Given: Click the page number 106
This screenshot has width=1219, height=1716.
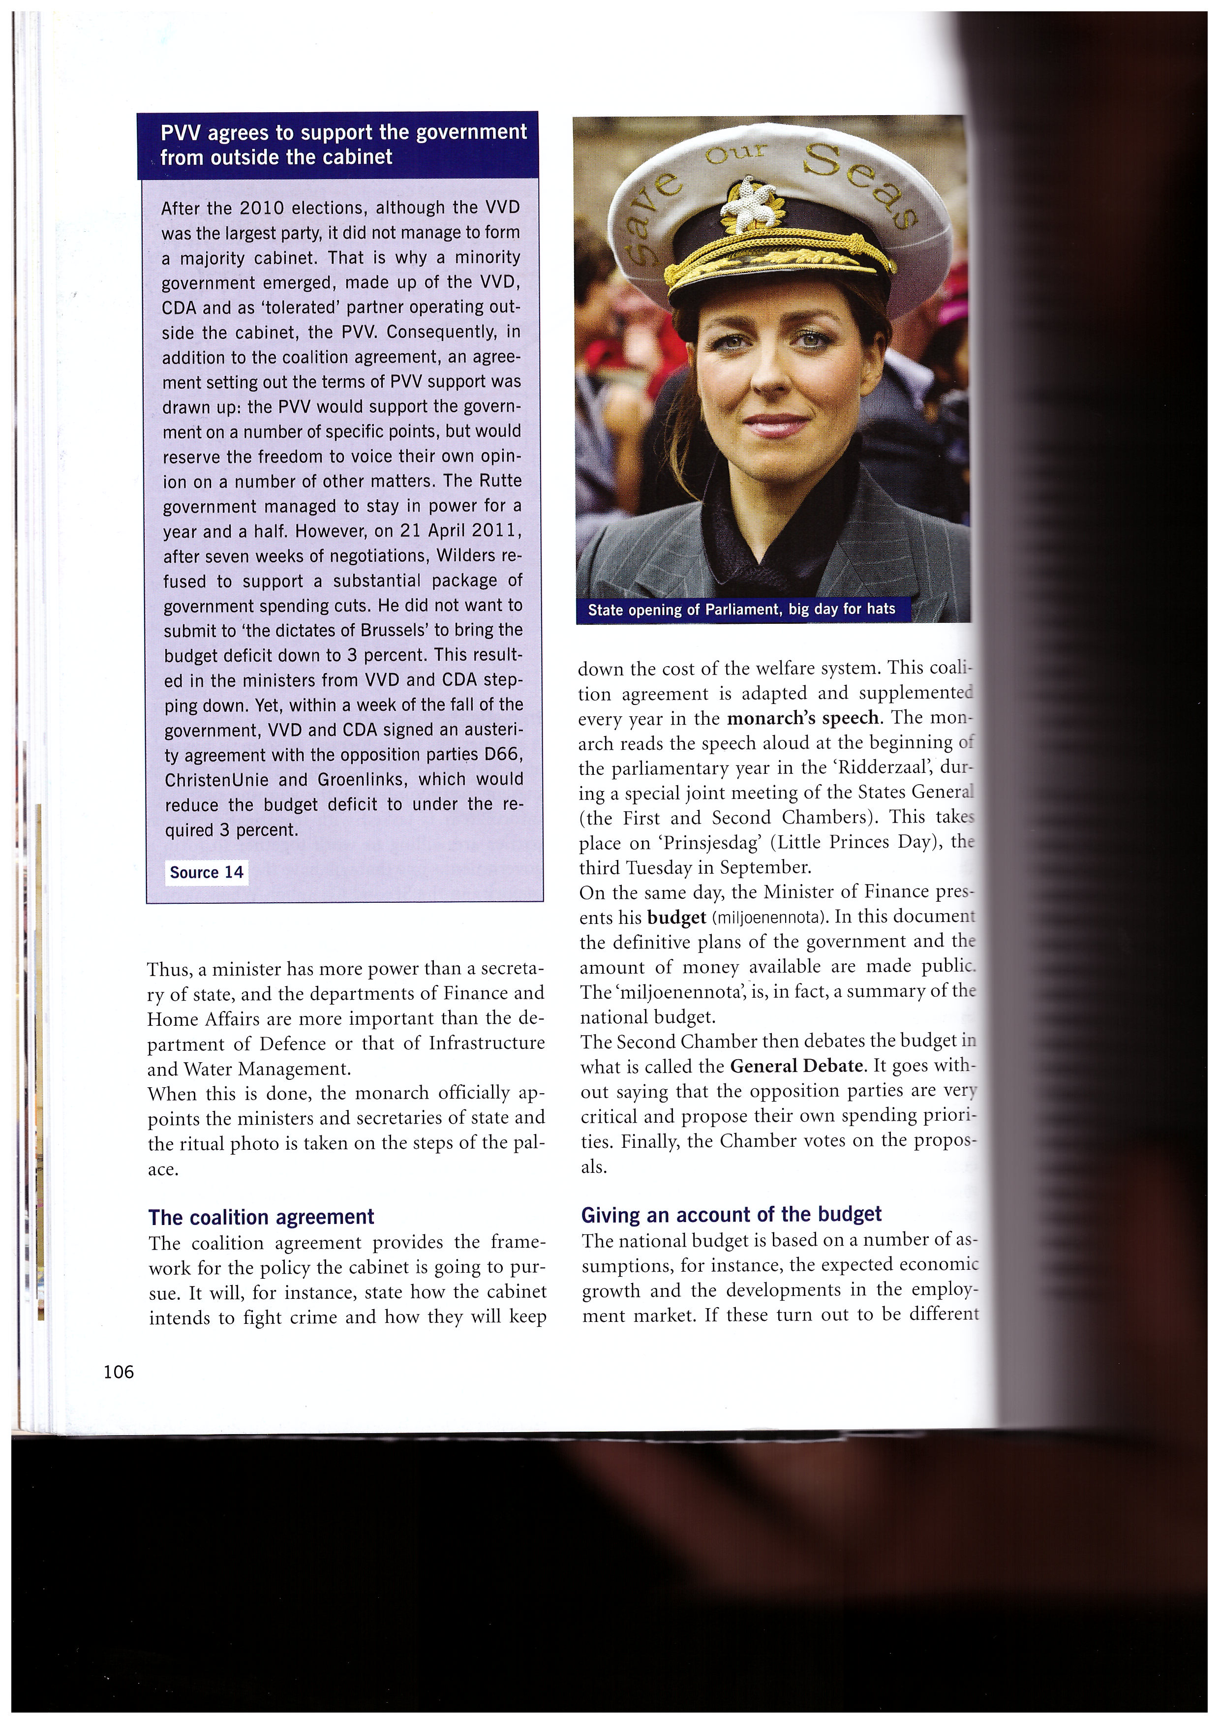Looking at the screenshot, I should [119, 1372].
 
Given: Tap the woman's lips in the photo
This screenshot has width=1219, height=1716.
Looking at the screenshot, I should [765, 424].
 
